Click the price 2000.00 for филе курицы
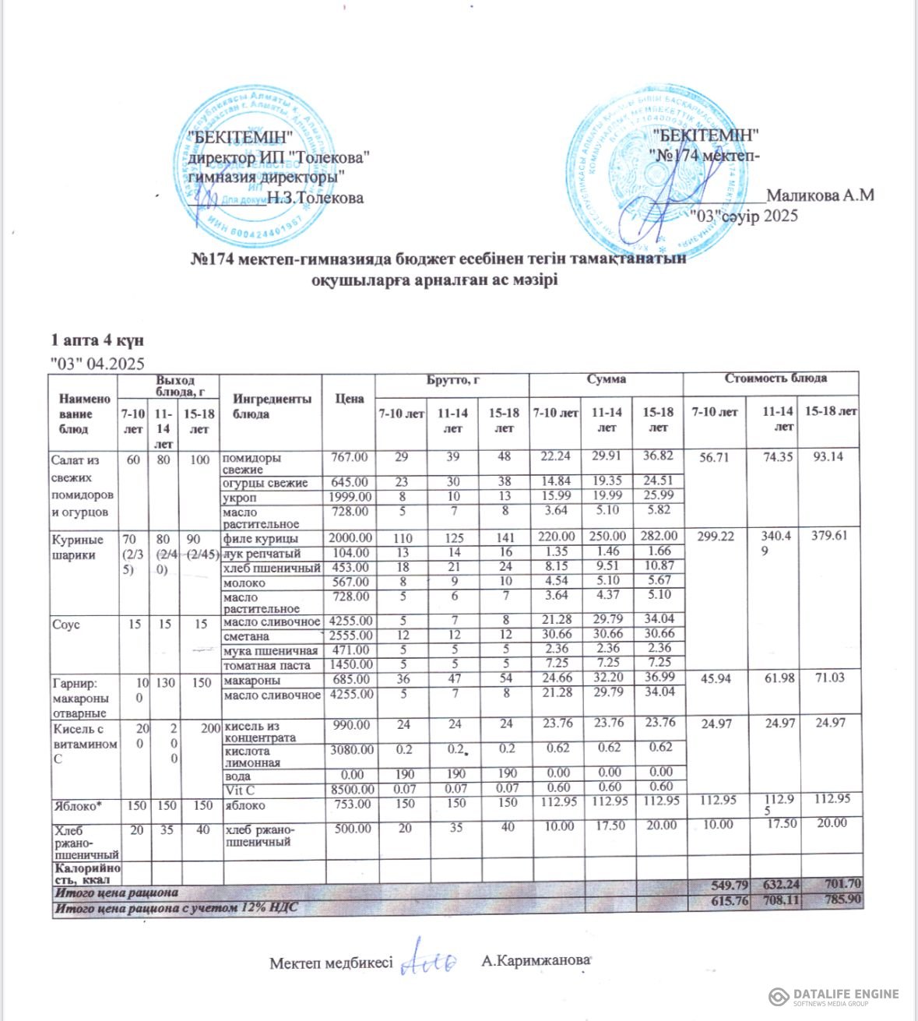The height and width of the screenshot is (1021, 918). [350, 537]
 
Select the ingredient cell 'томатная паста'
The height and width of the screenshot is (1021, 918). [266, 665]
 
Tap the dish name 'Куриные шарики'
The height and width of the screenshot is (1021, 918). [77, 547]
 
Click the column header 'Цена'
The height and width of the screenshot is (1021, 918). [350, 399]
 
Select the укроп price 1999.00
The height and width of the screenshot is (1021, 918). [350, 497]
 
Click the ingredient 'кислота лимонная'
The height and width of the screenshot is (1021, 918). [248, 757]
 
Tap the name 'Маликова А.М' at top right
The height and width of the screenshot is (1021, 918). [820, 195]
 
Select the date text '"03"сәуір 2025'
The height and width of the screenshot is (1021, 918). [745, 216]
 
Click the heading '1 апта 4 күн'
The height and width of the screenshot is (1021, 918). [97, 340]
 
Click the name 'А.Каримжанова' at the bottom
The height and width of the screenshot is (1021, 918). [535, 961]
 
